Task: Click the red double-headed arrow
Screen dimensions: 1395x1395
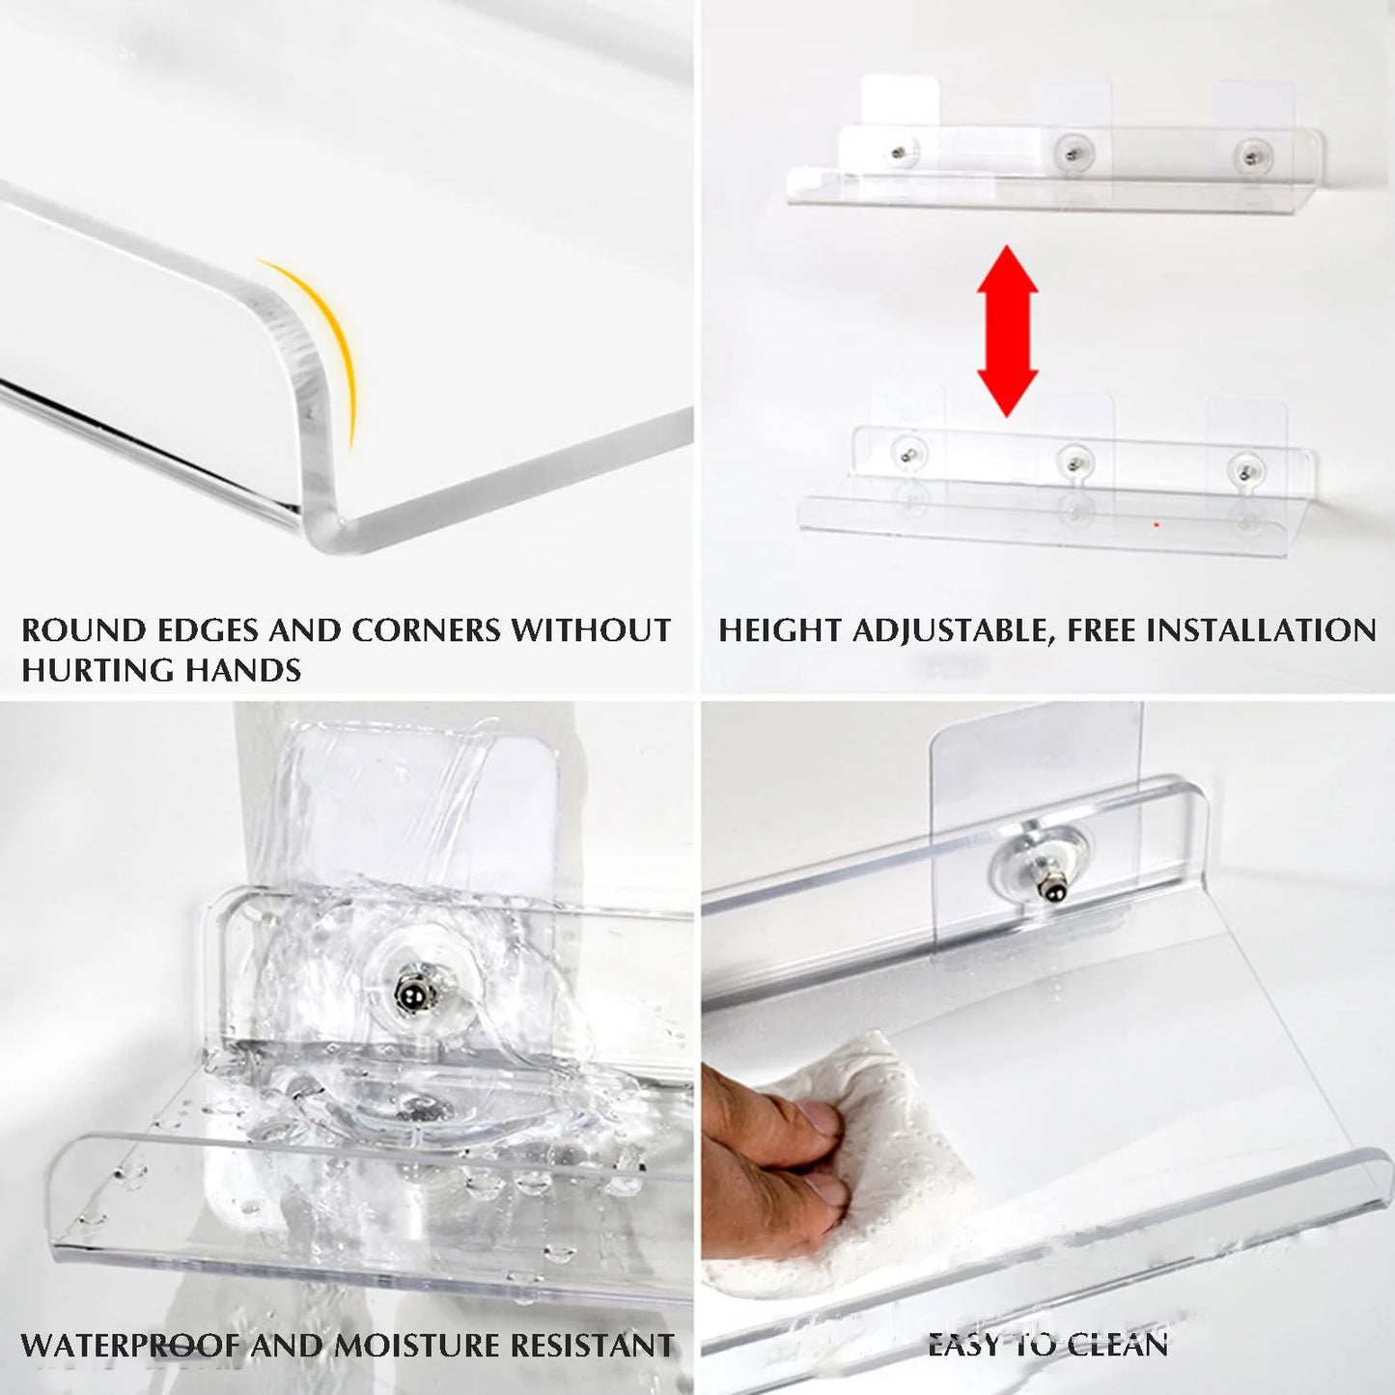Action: coord(1007,330)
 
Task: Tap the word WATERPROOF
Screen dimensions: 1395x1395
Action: coord(129,1345)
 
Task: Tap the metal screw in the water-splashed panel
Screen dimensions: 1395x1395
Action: coord(407,987)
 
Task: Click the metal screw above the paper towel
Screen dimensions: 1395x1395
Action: coord(1045,887)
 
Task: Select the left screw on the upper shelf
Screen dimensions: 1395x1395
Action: coord(900,152)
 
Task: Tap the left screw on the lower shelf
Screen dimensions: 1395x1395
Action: coord(907,450)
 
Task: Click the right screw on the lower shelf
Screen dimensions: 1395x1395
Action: coord(1243,469)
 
